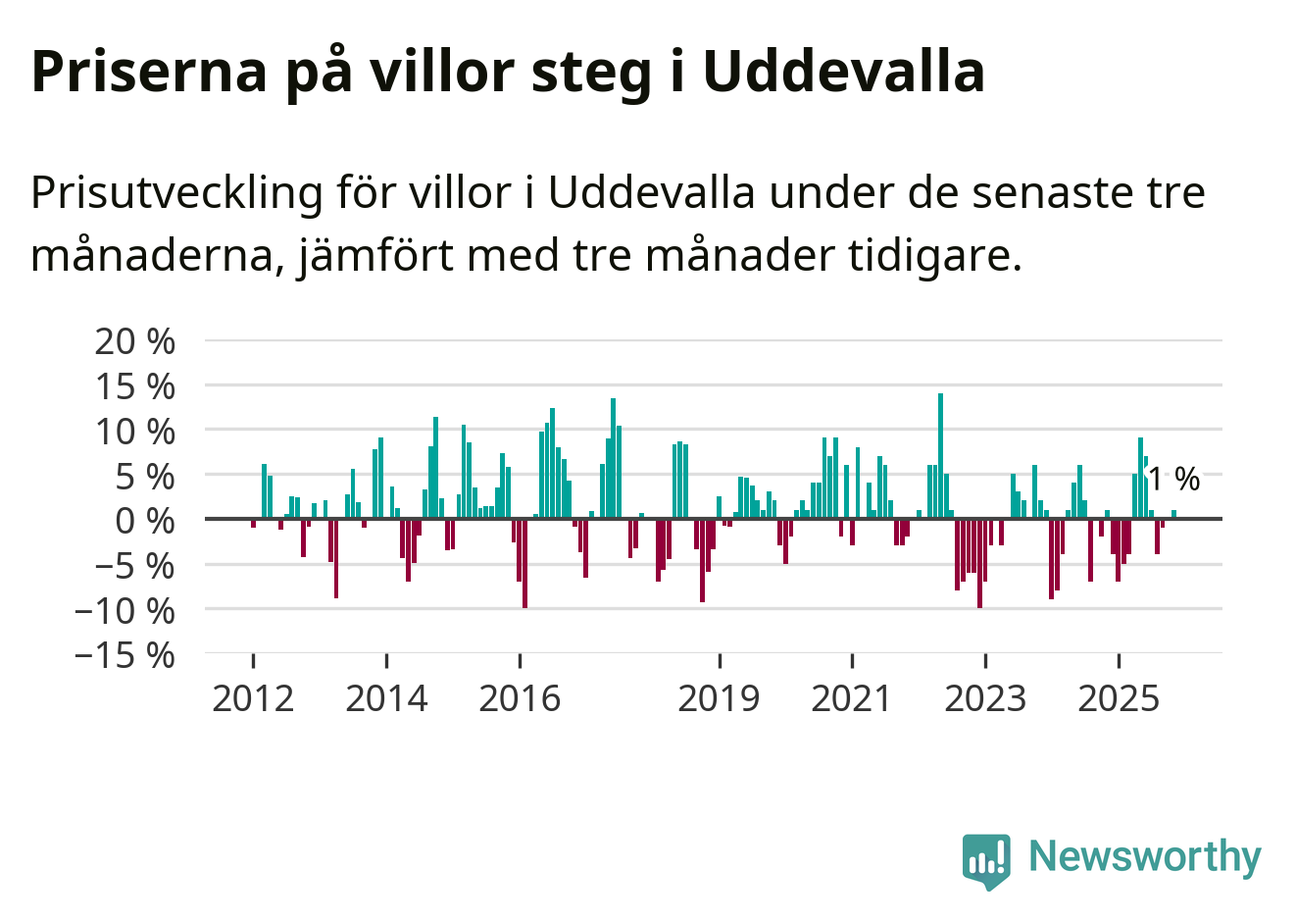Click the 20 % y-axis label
click(135, 341)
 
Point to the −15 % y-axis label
click(125, 654)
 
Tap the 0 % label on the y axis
click(145, 520)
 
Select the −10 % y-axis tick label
click(125, 609)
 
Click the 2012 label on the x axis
click(253, 698)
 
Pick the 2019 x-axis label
click(719, 698)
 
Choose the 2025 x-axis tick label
click(1119, 698)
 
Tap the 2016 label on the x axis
click(520, 698)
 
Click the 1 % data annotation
click(1173, 479)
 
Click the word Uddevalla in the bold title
click(843, 71)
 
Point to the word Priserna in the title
click(149, 71)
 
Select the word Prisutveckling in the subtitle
click(176, 192)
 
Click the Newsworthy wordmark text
click(1144, 856)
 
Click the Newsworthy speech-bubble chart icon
click(985, 861)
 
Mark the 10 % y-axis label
click(135, 431)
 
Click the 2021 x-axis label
click(852, 698)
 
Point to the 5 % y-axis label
click(145, 476)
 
